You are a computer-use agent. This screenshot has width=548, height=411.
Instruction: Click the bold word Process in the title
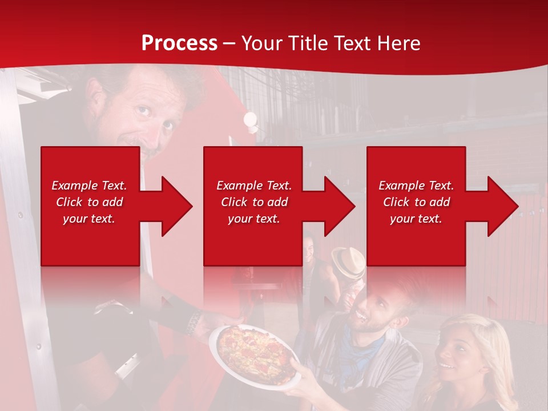click(179, 43)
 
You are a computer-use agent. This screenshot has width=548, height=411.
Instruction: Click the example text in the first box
click(90, 202)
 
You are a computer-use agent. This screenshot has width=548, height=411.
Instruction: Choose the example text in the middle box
click(254, 202)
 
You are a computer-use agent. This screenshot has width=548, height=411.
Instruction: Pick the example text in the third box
click(416, 202)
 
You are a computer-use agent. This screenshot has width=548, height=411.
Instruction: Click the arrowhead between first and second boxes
click(174, 206)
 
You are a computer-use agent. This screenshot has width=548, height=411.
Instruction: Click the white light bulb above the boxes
click(250, 119)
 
